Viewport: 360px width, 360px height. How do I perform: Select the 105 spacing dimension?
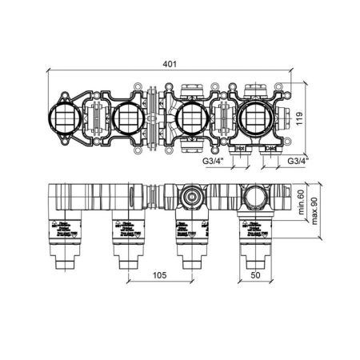[x=158, y=276]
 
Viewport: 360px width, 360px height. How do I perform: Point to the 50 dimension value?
[x=256, y=276]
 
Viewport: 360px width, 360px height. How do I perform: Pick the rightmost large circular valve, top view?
[x=252, y=119]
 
